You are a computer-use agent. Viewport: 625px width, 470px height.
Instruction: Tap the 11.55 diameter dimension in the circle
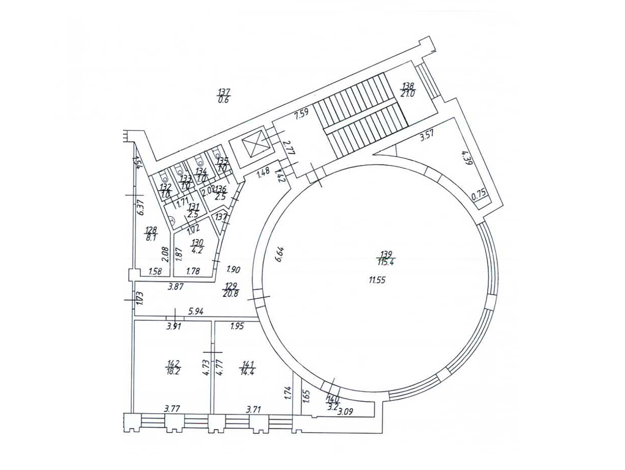(x=378, y=280)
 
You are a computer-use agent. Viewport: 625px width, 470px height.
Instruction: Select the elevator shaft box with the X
(x=251, y=147)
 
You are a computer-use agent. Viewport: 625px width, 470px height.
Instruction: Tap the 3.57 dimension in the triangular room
(x=427, y=139)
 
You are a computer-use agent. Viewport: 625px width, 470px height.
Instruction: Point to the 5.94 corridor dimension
(x=196, y=311)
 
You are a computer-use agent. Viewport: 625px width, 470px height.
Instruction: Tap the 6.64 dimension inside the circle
(x=278, y=252)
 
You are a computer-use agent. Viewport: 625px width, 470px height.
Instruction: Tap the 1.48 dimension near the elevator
(x=263, y=173)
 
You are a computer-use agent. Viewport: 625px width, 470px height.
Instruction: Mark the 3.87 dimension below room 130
(x=176, y=285)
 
